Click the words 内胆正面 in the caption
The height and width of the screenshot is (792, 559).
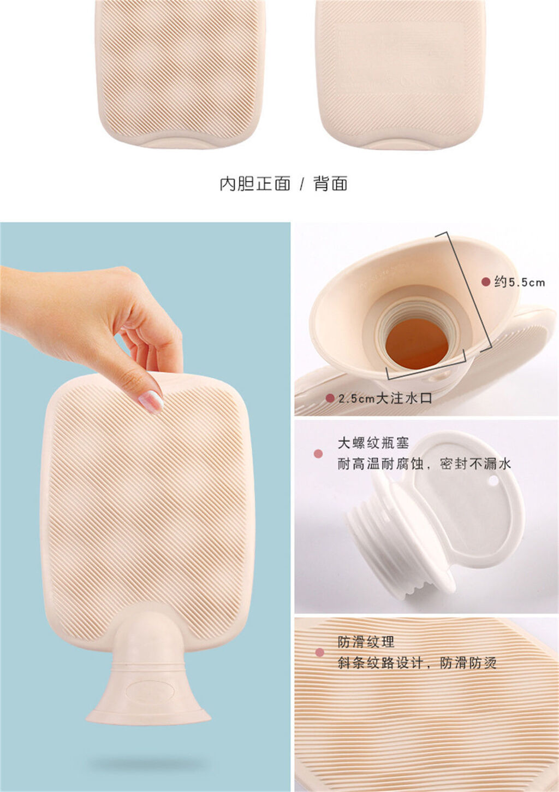[255, 184]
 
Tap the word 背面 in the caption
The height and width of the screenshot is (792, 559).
[330, 184]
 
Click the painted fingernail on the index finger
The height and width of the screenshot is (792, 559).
[151, 401]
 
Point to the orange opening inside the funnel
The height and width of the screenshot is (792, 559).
[417, 343]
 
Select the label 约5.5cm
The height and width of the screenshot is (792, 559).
[520, 282]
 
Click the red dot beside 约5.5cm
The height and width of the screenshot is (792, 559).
[486, 282]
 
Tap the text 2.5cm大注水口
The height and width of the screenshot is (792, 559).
[385, 398]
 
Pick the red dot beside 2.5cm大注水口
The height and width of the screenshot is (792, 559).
[330, 398]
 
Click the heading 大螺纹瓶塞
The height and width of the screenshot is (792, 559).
[373, 443]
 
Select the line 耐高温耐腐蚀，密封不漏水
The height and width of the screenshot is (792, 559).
[424, 464]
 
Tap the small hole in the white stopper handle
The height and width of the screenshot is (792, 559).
[493, 480]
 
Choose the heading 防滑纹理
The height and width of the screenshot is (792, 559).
[366, 642]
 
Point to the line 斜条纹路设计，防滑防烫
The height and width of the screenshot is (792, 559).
[417, 662]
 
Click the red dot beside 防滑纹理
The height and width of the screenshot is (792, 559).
[319, 652]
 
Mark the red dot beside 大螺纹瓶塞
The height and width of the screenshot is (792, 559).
[318, 454]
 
